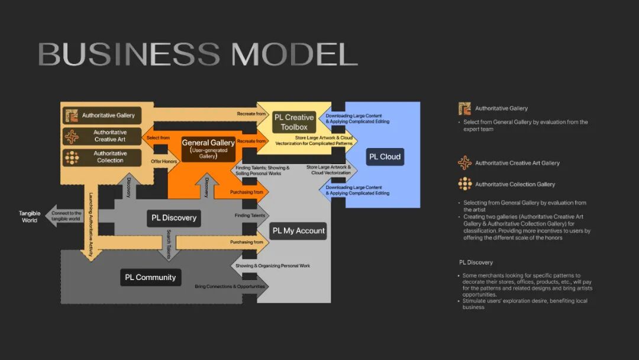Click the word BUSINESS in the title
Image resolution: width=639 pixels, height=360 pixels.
(x=129, y=54)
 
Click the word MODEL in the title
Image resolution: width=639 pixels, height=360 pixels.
(x=294, y=54)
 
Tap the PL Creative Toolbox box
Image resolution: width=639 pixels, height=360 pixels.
(x=294, y=122)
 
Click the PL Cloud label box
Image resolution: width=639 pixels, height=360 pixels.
(x=385, y=157)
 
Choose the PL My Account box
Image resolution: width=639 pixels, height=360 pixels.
(x=299, y=230)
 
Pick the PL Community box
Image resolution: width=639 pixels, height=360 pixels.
(x=150, y=277)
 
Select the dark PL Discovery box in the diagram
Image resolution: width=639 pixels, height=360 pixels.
(x=174, y=218)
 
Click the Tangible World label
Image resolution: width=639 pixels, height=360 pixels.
(x=30, y=217)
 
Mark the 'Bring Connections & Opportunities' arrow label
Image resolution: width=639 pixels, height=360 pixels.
(x=231, y=287)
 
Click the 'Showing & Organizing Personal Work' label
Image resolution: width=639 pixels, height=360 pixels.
(x=273, y=266)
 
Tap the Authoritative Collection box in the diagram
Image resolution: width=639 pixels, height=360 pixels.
(x=102, y=157)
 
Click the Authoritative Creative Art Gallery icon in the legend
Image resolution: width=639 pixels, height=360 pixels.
(x=465, y=163)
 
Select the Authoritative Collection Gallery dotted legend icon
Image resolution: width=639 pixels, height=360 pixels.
(x=465, y=184)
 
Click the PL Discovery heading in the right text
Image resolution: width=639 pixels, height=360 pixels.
(x=476, y=262)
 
